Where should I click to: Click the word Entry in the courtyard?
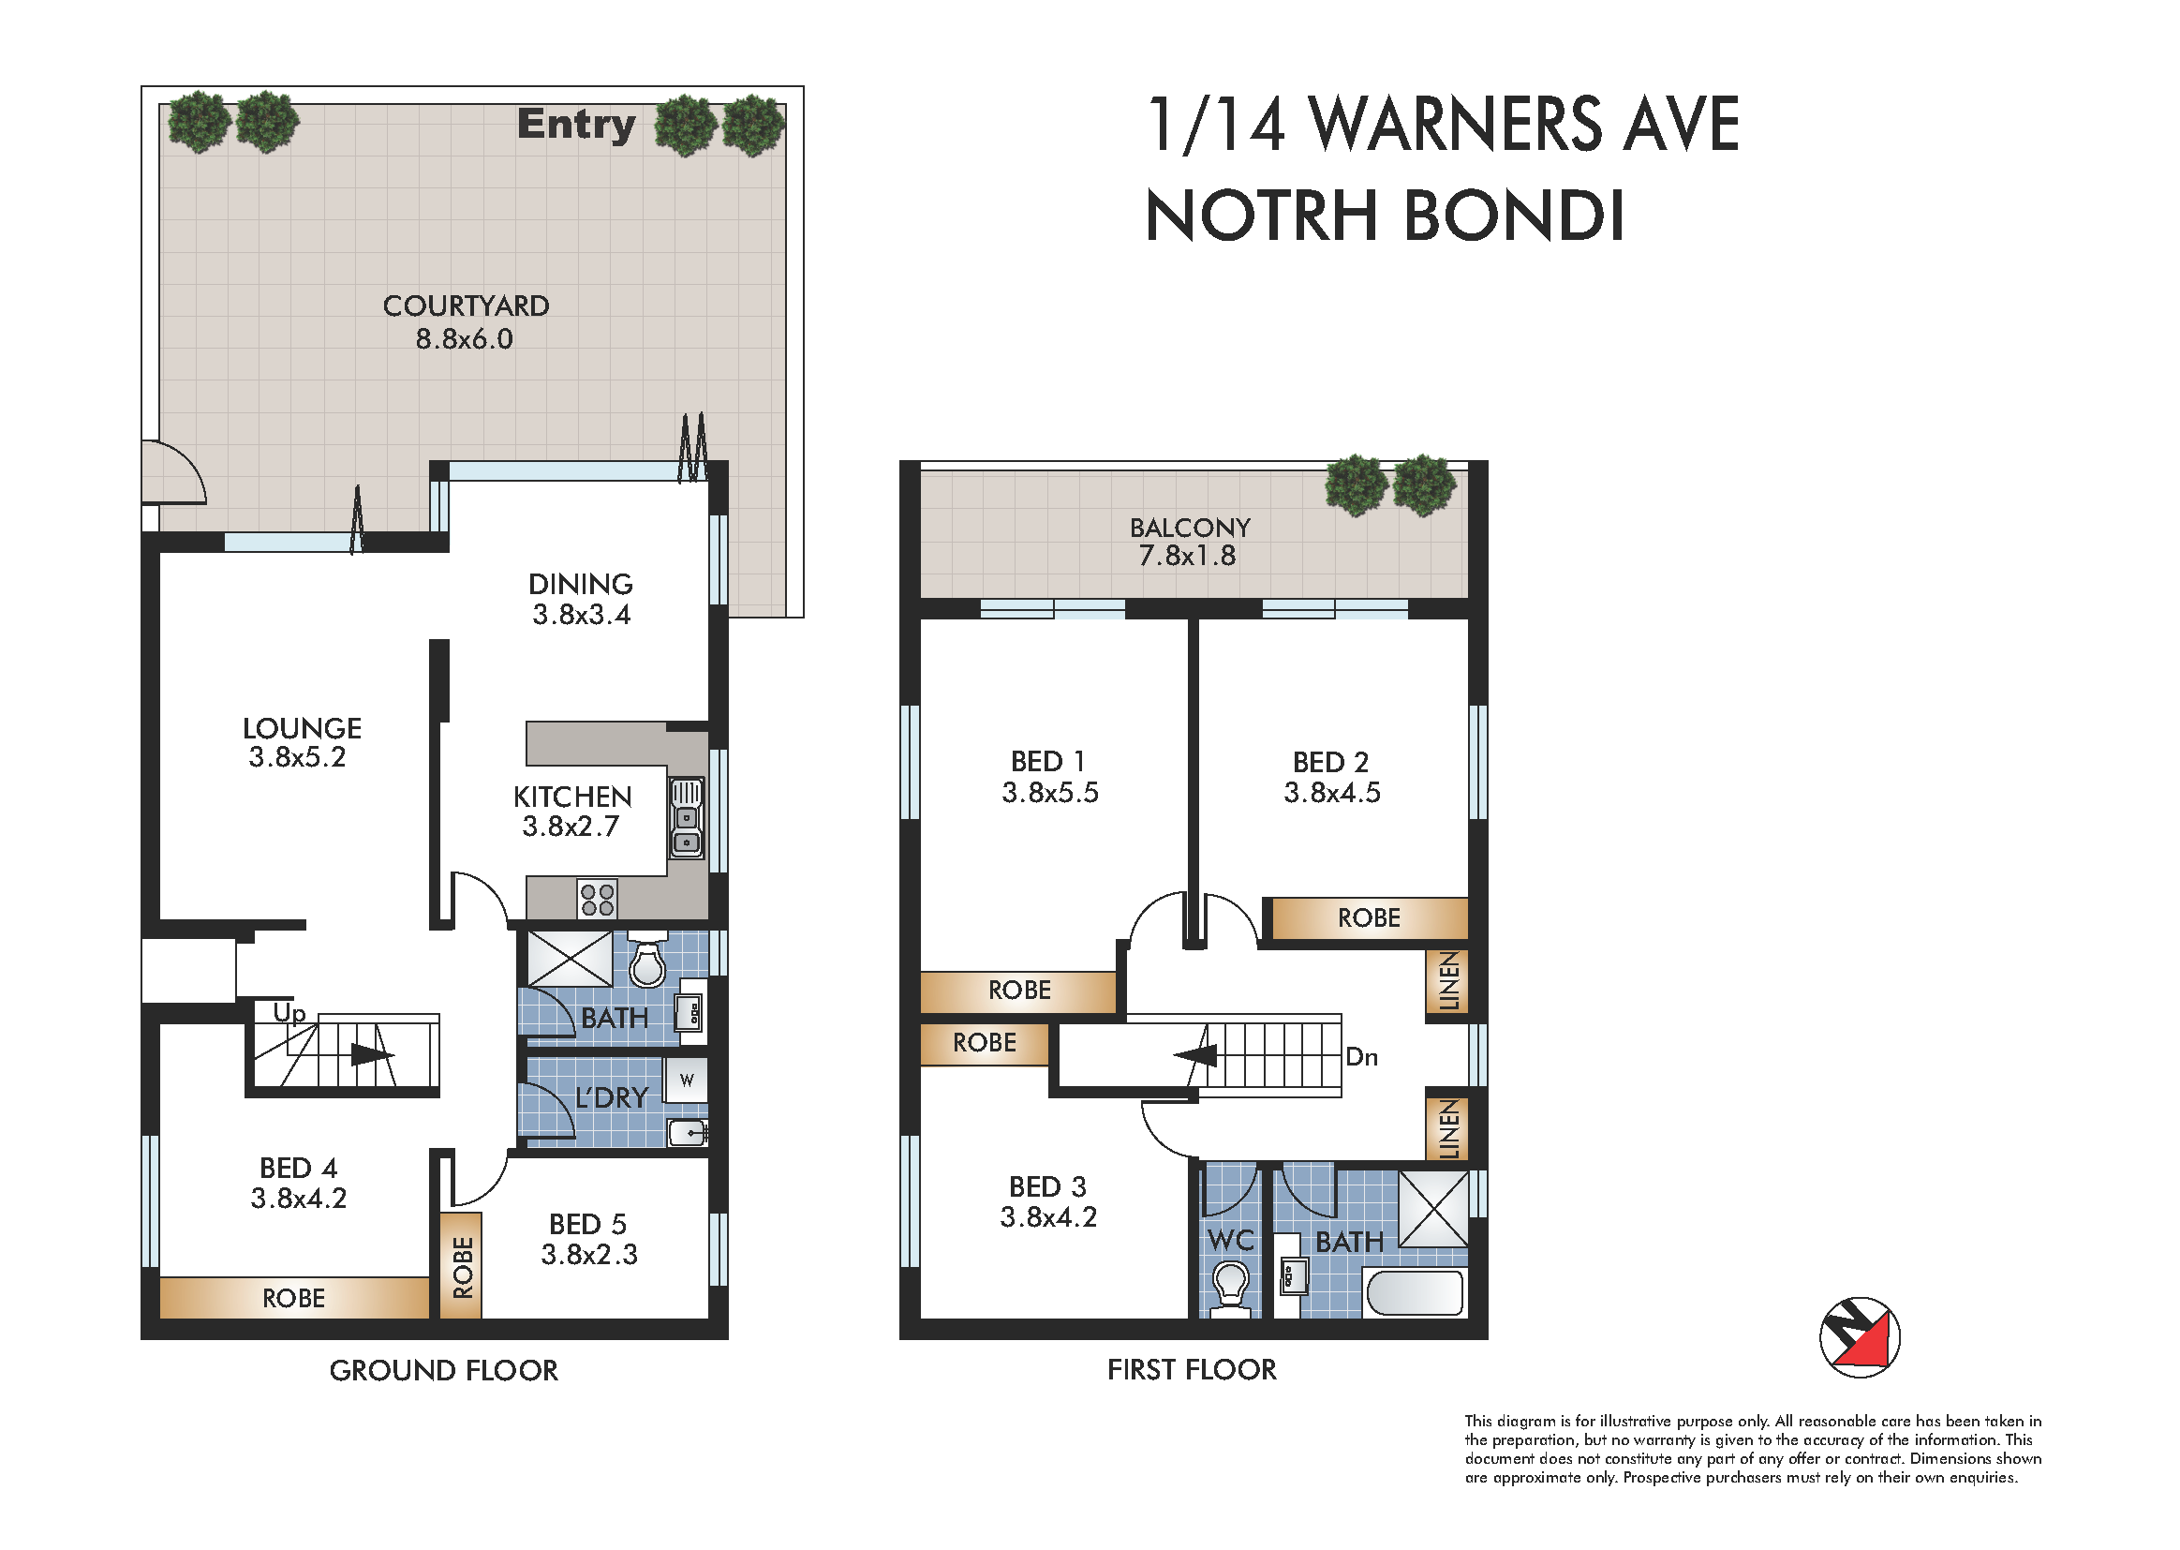(576, 125)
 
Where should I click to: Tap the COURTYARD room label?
(466, 306)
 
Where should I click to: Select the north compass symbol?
(1860, 1337)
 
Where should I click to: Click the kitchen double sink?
(686, 818)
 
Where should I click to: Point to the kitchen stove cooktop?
(598, 899)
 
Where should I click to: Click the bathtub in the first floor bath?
(1415, 1293)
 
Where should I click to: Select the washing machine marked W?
(686, 1081)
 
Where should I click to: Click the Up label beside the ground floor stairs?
(289, 1014)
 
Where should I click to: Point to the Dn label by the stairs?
(1361, 1056)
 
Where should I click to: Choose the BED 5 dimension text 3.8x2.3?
(588, 1254)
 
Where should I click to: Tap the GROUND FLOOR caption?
(444, 1371)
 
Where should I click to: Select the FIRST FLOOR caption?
(1192, 1370)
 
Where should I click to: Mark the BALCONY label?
(1190, 528)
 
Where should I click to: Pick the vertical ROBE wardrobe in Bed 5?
(462, 1265)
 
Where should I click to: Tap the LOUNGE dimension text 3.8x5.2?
(297, 758)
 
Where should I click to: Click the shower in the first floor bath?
(1433, 1208)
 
